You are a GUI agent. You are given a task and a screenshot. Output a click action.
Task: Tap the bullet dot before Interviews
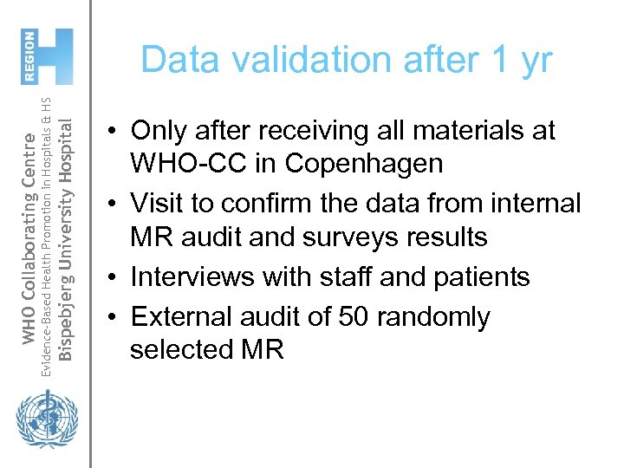(x=114, y=278)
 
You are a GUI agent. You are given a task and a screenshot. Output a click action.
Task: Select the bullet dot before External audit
(x=114, y=318)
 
